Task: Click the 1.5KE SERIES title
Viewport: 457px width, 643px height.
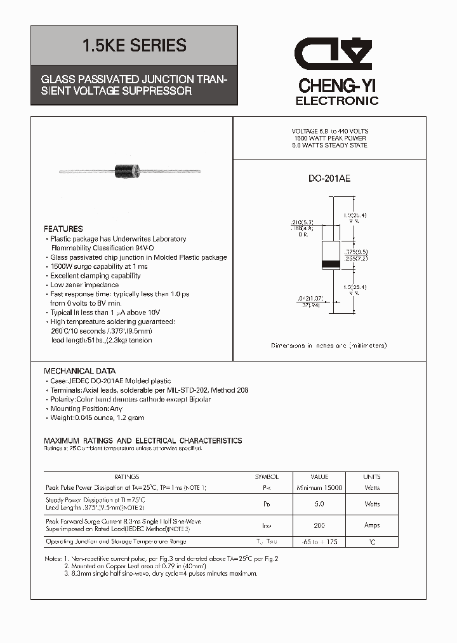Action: pyautogui.click(x=134, y=45)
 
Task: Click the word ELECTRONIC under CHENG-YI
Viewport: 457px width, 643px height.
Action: pyautogui.click(x=337, y=101)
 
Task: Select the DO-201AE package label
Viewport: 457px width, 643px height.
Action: pyautogui.click(x=329, y=179)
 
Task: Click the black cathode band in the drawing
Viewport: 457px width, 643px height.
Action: pyautogui.click(x=330, y=264)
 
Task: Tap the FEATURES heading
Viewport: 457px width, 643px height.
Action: pyautogui.click(x=63, y=229)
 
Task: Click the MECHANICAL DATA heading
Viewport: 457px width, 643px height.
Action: pyautogui.click(x=79, y=371)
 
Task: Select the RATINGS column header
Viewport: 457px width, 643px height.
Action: pyautogui.click(x=126, y=477)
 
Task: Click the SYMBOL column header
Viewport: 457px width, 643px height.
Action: pyautogui.click(x=267, y=477)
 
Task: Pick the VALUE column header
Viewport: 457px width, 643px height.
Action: pyautogui.click(x=319, y=477)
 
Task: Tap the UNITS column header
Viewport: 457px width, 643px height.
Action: pyautogui.click(x=372, y=477)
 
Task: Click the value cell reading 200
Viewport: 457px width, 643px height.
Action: pyautogui.click(x=319, y=525)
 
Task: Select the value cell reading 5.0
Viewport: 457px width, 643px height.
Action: pyautogui.click(x=319, y=504)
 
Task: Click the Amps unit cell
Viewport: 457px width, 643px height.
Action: pyautogui.click(x=372, y=525)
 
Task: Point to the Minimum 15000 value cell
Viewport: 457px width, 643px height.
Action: pyautogui.click(x=319, y=487)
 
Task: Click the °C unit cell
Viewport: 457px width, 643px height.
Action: pyautogui.click(x=372, y=542)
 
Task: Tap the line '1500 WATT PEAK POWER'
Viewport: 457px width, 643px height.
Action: pyautogui.click(x=329, y=138)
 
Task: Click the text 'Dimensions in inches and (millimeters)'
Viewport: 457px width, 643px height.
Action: pyautogui.click(x=329, y=345)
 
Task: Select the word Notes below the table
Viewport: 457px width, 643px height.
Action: pyautogui.click(x=53, y=558)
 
